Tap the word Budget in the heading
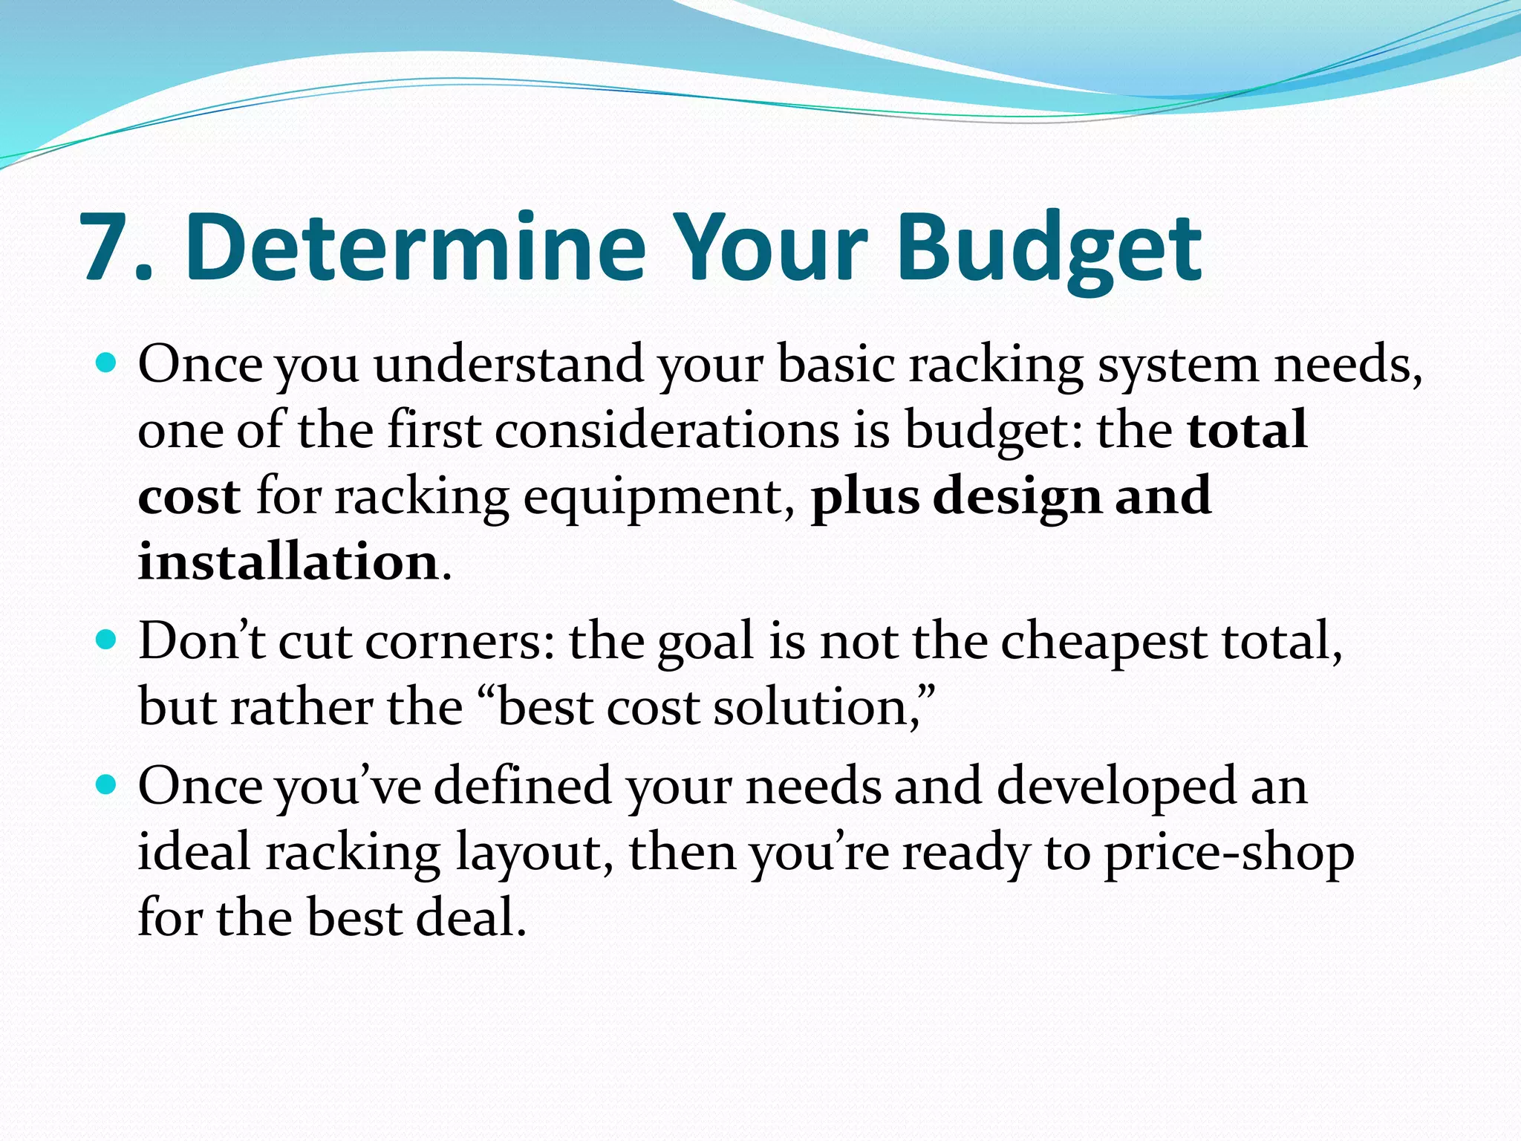coord(1049,247)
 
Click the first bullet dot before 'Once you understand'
coord(107,364)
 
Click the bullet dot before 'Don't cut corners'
coord(107,640)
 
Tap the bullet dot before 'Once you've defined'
coord(107,784)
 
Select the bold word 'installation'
coord(288,561)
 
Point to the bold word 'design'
coord(1017,495)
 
